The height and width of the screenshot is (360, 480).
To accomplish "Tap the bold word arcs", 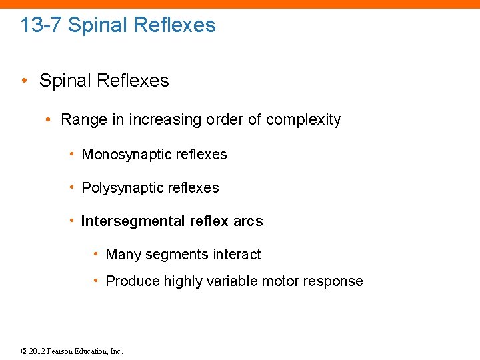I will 248,221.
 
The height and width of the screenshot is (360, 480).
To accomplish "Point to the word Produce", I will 131,281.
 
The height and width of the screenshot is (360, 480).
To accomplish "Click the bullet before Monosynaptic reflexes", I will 72,155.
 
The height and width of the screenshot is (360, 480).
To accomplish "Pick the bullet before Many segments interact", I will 97,255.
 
